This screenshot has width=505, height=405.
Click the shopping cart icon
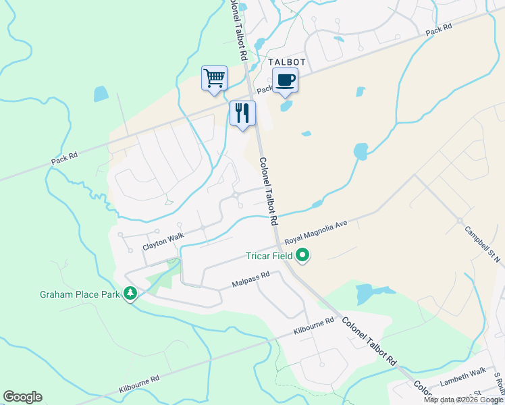click(x=214, y=78)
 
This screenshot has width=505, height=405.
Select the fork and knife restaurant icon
click(x=242, y=113)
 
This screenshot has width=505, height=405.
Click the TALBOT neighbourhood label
click(x=288, y=62)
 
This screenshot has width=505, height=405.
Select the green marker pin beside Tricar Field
click(x=303, y=256)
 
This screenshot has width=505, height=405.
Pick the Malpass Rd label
click(x=250, y=277)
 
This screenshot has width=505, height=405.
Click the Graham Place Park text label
click(x=79, y=294)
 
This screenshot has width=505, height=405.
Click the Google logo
click(x=22, y=397)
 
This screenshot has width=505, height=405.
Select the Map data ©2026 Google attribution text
click(x=464, y=400)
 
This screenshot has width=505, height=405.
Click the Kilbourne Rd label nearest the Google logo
click(x=138, y=385)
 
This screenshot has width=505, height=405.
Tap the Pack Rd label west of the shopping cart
click(x=64, y=159)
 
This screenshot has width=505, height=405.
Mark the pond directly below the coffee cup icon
click(x=286, y=106)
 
